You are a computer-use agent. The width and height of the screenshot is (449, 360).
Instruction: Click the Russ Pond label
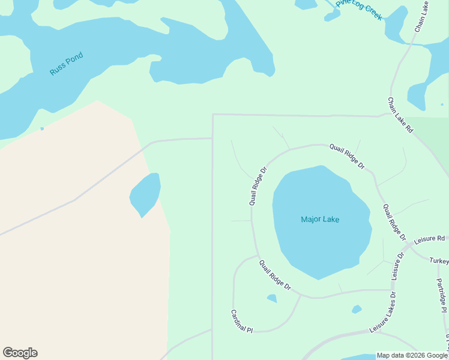[x=66, y=64]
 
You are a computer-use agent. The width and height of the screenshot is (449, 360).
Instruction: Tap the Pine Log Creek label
[x=359, y=10]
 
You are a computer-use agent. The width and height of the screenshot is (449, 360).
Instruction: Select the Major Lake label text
[x=320, y=220]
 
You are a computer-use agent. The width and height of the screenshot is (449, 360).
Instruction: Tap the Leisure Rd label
[x=429, y=239]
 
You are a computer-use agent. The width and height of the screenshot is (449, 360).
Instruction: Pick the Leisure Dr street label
[x=399, y=265]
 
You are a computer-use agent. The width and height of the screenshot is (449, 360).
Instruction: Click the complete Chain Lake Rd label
[x=400, y=115]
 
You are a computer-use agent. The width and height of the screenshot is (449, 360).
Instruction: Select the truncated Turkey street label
[x=439, y=261]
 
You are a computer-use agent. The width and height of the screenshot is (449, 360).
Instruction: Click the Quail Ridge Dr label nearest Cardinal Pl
[x=275, y=275]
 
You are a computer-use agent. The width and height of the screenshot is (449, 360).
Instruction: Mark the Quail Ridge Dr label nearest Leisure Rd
[x=394, y=223]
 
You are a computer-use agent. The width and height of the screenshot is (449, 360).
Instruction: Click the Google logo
[x=20, y=353]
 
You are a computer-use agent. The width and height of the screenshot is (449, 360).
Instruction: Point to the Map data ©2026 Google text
[x=412, y=356]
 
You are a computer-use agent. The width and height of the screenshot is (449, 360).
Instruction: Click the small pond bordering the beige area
[x=146, y=194]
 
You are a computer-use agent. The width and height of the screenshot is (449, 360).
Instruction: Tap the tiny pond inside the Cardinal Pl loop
[x=272, y=298]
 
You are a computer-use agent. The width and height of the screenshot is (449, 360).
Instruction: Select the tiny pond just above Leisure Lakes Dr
[x=357, y=310]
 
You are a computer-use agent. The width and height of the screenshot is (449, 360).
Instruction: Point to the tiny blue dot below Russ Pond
[x=42, y=128]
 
